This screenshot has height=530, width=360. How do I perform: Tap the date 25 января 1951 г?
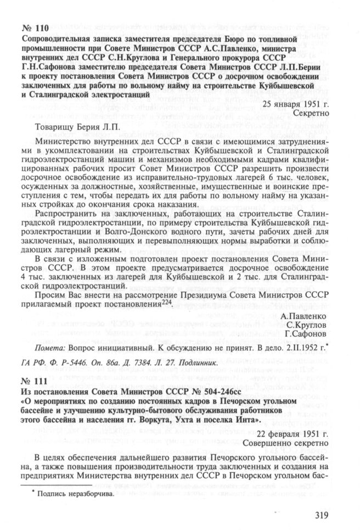pyautogui.click(x=295, y=103)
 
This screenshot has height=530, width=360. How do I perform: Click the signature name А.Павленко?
pyautogui.click(x=303, y=316)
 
